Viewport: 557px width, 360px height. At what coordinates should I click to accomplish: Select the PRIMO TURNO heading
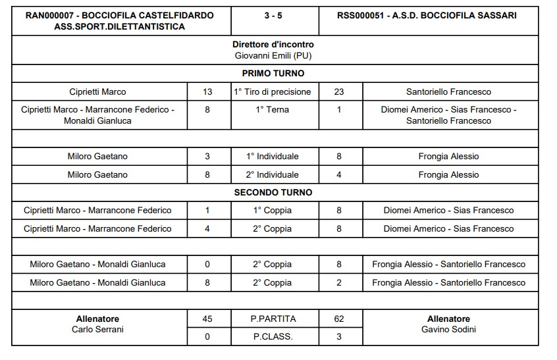273,73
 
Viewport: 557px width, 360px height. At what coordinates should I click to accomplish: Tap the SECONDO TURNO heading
273,193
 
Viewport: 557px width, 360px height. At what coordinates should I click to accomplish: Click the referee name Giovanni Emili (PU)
273,55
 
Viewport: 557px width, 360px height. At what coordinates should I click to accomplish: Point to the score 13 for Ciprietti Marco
207,91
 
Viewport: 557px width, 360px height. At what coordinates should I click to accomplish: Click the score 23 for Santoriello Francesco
339,91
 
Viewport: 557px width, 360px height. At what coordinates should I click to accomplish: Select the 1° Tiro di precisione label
273,91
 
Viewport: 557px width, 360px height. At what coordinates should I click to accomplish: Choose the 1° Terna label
273,110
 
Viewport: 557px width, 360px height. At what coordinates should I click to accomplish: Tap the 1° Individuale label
273,157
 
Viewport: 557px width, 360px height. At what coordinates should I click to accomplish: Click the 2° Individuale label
273,175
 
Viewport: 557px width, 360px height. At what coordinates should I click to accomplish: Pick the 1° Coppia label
273,211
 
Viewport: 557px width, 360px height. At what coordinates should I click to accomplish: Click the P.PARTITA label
273,319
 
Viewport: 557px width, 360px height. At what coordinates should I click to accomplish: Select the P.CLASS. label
273,336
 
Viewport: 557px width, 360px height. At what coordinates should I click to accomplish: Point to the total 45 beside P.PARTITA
207,319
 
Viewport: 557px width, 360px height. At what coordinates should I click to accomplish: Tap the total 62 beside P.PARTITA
339,319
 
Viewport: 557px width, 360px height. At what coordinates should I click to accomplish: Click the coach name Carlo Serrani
97,329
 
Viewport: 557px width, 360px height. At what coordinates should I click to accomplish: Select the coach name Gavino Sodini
448,329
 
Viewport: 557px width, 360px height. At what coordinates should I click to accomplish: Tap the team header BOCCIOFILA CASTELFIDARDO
119,14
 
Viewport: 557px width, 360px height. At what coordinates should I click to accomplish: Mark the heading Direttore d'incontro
273,45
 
